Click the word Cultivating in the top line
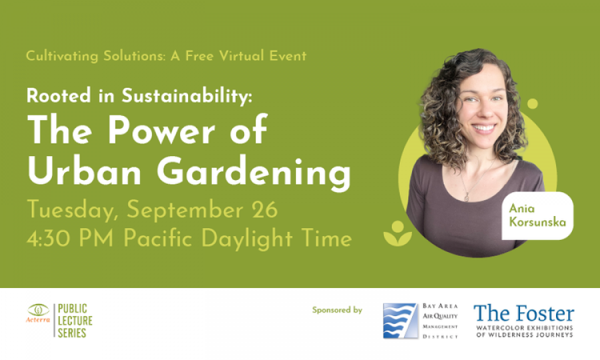pyautogui.click(x=62, y=56)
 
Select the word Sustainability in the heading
pyautogui.click(x=187, y=95)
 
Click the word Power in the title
pyautogui.click(x=161, y=130)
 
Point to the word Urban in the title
pyautogui.click(x=84, y=171)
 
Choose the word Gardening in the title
pyautogui.click(x=254, y=174)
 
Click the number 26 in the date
pyautogui.click(x=265, y=210)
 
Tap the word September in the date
pyautogui.click(x=185, y=211)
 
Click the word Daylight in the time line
pyautogui.click(x=247, y=239)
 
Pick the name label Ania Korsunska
pyautogui.click(x=537, y=215)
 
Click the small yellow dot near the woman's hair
pyautogui.click(x=532, y=103)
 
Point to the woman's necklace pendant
pyautogui.click(x=467, y=197)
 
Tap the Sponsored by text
pyautogui.click(x=337, y=310)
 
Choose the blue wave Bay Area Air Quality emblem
pyautogui.click(x=400, y=321)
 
